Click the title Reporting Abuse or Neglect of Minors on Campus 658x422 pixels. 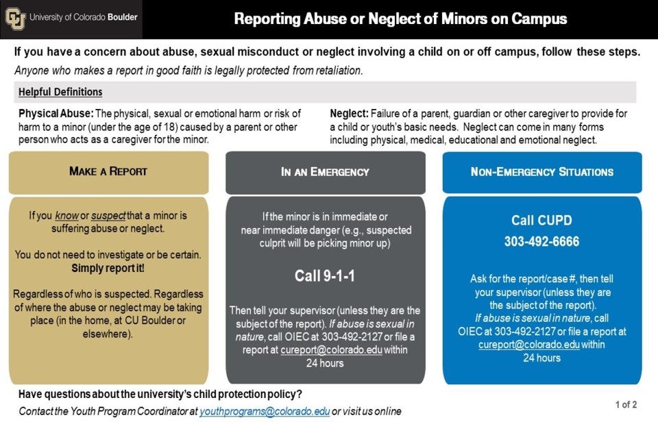tap(400, 19)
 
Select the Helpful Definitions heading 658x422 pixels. tap(60, 92)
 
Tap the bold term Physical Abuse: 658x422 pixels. tap(56, 114)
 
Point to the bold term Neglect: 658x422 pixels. tap(349, 114)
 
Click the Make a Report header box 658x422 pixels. tap(109, 173)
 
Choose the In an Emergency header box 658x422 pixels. tap(325, 173)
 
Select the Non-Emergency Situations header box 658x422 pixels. tap(542, 173)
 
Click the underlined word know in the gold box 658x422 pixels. tap(66, 216)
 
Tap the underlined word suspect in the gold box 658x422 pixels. tap(108, 216)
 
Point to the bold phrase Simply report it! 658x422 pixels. tap(108, 268)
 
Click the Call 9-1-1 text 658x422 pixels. tap(325, 275)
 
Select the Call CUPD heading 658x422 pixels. tap(541, 220)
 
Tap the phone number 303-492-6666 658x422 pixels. tap(541, 241)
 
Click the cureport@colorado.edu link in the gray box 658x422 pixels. tap(331, 350)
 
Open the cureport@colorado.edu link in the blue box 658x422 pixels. tap(528, 345)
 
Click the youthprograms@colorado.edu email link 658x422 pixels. tap(265, 411)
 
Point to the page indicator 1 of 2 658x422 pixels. tap(626, 404)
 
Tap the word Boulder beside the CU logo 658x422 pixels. tap(123, 17)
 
